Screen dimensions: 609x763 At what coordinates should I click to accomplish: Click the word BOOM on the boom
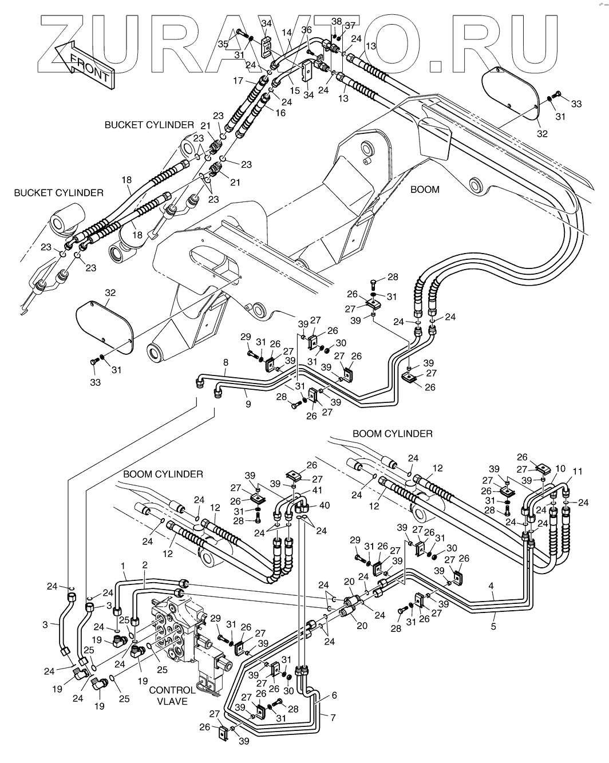coord(425,189)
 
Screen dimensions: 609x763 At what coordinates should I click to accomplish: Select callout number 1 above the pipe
coord(123,566)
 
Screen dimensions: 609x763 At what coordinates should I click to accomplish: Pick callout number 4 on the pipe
coord(491,586)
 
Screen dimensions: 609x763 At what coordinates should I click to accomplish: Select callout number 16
coord(280,113)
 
